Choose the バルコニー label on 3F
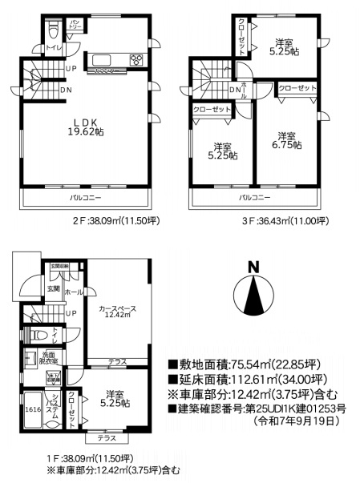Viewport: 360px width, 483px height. click(253, 196)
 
